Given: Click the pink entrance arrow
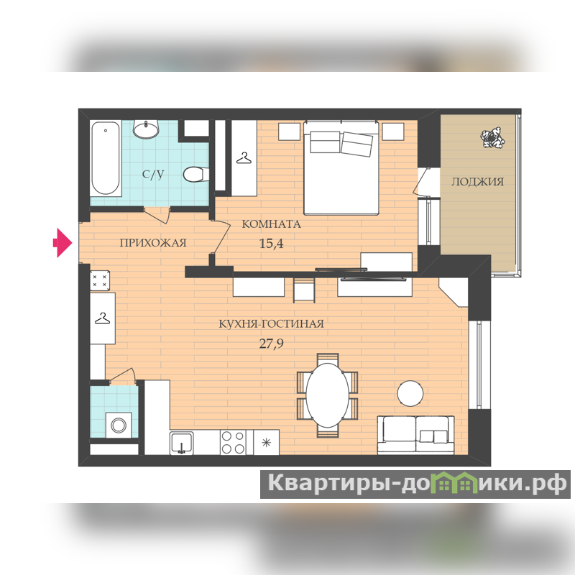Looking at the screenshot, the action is click(63, 242).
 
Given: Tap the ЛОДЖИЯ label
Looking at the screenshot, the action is click(477, 182).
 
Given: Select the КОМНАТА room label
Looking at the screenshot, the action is click(272, 224).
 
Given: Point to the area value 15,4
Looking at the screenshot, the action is click(272, 243).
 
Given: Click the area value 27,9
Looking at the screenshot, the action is click(272, 344).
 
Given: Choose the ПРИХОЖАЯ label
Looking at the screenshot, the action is click(153, 243).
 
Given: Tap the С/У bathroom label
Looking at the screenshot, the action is click(153, 174).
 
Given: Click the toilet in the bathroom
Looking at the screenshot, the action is click(195, 175).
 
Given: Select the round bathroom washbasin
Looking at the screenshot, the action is click(146, 128).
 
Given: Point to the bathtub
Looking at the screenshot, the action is click(106, 158).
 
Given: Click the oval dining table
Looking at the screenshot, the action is click(328, 395).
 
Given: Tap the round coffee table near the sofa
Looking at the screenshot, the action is click(410, 393).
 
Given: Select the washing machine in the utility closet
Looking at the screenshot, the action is click(119, 425).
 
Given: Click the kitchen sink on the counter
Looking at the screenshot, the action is click(182, 443).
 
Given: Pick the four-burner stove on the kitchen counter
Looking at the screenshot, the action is click(233, 442).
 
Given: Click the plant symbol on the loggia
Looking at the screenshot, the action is click(492, 138).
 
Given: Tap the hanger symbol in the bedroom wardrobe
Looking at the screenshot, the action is click(244, 158).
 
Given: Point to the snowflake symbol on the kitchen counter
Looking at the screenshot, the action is click(266, 443).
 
